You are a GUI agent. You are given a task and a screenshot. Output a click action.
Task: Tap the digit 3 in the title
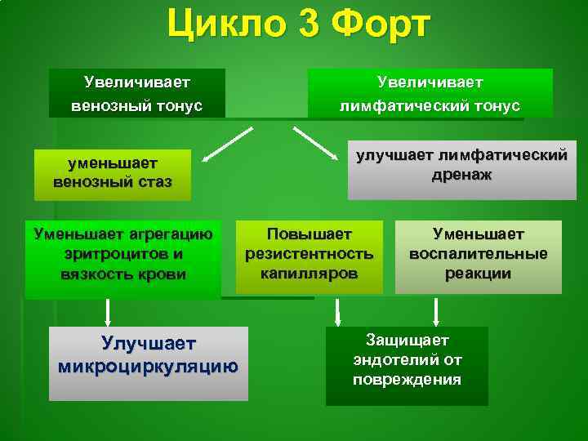[x=310, y=24]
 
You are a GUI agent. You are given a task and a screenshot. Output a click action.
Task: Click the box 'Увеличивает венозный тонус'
[x=136, y=93]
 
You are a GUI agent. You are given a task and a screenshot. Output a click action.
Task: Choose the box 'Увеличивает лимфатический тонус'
[x=430, y=93]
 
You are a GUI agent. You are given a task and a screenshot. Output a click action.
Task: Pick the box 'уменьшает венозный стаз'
[x=112, y=173]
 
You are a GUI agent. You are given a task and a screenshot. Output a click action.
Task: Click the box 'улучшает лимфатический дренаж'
[x=457, y=167]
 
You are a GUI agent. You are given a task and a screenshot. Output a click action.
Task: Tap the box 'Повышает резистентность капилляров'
[x=309, y=256]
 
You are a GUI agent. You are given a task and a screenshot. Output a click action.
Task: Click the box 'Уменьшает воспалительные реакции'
[x=479, y=256]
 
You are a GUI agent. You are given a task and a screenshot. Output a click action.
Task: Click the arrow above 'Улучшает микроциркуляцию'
[x=107, y=312]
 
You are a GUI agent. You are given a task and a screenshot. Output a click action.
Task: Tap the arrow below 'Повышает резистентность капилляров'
[x=336, y=311]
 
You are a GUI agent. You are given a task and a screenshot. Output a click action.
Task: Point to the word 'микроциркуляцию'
[x=148, y=367]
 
